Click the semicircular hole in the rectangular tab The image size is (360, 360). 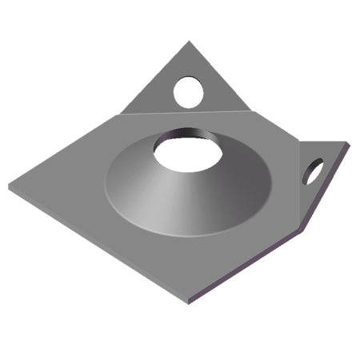tap(190, 84)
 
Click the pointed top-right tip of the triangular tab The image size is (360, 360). tap(350, 137)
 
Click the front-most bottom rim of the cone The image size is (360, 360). tap(189, 235)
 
